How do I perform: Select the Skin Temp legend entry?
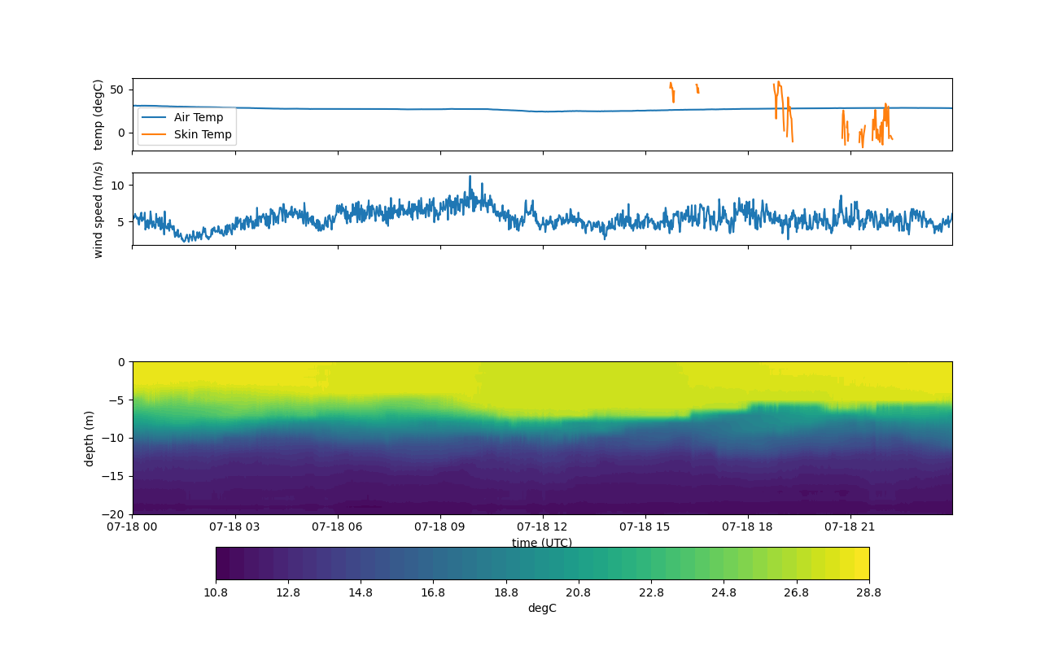(186, 134)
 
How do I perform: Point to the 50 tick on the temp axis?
(116, 90)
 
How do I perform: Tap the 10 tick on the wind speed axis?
(117, 186)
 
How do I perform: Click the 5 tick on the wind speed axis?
(120, 222)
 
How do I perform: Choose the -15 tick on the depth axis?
(113, 476)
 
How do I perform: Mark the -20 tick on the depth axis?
(113, 514)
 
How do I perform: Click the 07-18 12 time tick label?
(542, 526)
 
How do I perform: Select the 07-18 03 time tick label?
(234, 526)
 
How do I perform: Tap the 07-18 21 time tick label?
(850, 526)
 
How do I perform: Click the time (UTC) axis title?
(542, 542)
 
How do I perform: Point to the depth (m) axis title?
(89, 439)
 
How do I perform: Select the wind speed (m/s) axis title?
(98, 210)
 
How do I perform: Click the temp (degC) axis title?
(98, 115)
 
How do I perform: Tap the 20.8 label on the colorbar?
(578, 592)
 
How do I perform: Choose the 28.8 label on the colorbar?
(868, 592)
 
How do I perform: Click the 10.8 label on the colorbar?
(216, 592)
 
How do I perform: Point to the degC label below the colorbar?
(542, 609)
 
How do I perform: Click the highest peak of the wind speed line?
(470, 177)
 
